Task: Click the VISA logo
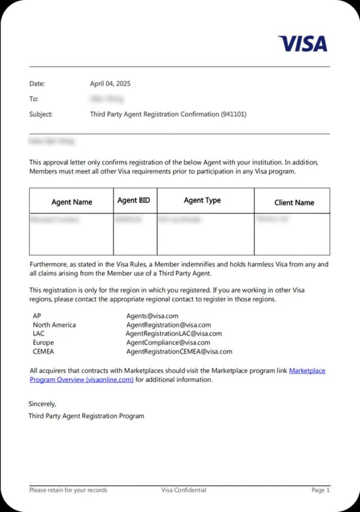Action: click(303, 43)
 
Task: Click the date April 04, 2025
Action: click(110, 84)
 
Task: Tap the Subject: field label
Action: click(41, 114)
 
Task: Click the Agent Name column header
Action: click(71, 202)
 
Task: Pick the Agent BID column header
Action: click(134, 200)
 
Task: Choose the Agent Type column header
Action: click(202, 200)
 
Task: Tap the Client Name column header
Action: click(294, 202)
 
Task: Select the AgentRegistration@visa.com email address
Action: click(168, 325)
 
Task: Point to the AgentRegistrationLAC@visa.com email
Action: click(173, 333)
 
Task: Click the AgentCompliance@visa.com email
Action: click(168, 342)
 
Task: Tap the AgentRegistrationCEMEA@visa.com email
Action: click(179, 351)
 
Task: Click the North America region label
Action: click(54, 325)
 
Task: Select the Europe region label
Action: click(43, 342)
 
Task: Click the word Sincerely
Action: click(43, 404)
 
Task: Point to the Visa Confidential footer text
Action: click(183, 490)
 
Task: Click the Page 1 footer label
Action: click(321, 490)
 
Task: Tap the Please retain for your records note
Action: click(68, 490)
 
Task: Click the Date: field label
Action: click(37, 84)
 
